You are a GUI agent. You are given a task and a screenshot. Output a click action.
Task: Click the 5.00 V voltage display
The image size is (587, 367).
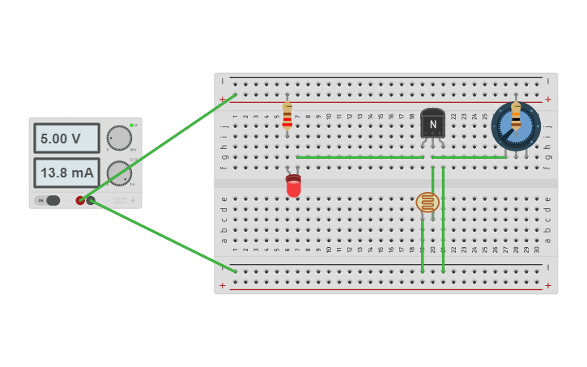pyautogui.click(x=66, y=139)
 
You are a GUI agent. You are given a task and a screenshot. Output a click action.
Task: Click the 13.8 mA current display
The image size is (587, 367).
pyautogui.click(x=66, y=173)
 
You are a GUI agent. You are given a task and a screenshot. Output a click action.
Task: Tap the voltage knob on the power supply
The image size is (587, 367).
pyautogui.click(x=119, y=139)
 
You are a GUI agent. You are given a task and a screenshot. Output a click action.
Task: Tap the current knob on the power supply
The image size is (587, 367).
pyautogui.click(x=119, y=173)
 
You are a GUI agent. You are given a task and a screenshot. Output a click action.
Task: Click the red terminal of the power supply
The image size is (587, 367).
pyautogui.click(x=80, y=200)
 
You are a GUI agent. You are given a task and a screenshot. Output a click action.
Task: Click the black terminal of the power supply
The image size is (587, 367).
pyautogui.click(x=91, y=200)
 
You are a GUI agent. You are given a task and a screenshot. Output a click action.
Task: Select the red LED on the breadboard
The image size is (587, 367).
pyautogui.click(x=293, y=186)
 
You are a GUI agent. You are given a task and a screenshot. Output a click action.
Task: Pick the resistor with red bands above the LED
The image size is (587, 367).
pyautogui.click(x=287, y=116)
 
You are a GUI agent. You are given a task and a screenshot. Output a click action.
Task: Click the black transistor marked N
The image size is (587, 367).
pyautogui.click(x=432, y=123)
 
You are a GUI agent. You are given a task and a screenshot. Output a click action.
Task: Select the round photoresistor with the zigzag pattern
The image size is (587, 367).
pyautogui.click(x=427, y=202)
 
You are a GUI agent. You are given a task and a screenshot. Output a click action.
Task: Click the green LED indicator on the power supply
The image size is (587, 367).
pyautogui.click(x=131, y=126)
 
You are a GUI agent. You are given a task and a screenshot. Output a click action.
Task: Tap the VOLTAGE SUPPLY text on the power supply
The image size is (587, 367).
pyautogui.click(x=120, y=199)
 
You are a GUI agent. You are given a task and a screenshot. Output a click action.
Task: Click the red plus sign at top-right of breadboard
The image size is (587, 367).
pyautogui.click(x=548, y=100)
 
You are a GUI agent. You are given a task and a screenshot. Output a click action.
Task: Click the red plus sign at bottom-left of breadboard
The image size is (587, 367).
pyautogui.click(x=223, y=285)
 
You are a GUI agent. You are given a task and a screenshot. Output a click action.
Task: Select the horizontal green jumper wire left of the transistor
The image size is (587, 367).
pyautogui.click(x=359, y=157)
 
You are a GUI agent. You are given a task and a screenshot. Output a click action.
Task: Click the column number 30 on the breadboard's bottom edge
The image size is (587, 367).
pyautogui.click(x=537, y=249)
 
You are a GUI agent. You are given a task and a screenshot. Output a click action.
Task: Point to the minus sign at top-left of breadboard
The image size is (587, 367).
pyautogui.click(x=223, y=81)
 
